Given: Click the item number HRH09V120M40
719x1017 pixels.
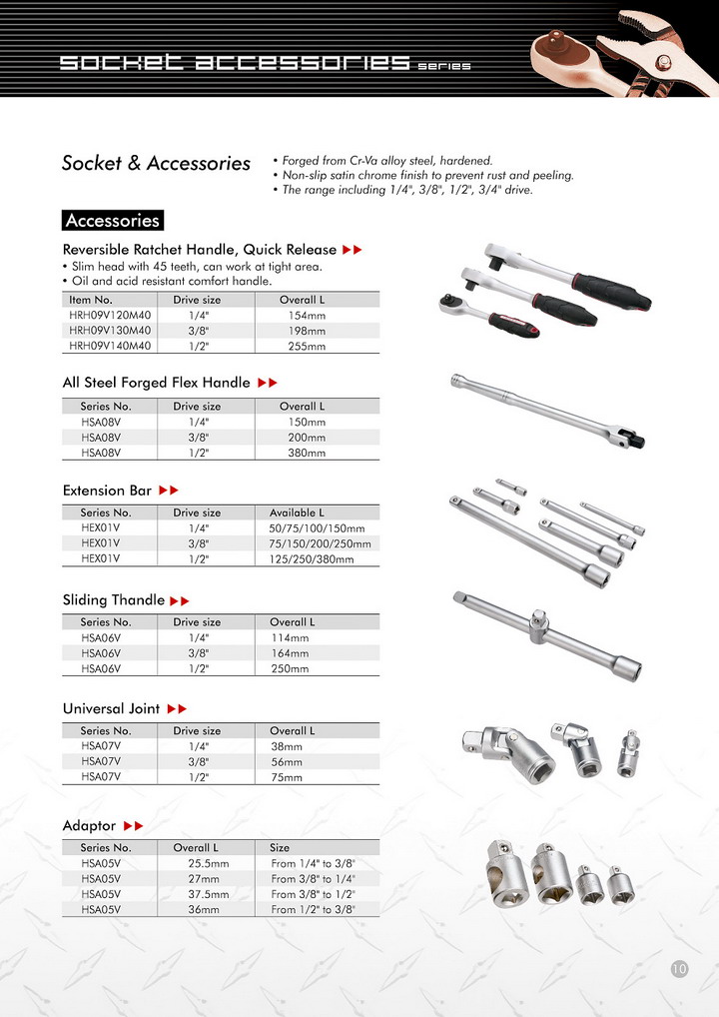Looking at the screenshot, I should tap(110, 315).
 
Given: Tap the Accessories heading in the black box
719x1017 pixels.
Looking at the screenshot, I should tap(112, 221).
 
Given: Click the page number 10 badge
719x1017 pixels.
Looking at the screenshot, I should tap(679, 968).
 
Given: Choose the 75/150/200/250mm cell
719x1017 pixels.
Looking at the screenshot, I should tap(320, 543).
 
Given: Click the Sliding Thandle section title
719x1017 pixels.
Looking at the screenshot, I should tap(113, 600).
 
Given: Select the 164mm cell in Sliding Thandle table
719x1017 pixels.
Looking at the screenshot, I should tap(290, 653).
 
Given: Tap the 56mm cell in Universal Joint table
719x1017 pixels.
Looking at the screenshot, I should tap(287, 761).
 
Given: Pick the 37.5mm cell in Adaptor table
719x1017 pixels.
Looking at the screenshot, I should tap(208, 894).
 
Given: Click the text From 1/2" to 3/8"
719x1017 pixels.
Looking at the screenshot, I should tap(313, 910).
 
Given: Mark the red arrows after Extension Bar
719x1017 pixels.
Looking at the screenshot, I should tap(168, 491).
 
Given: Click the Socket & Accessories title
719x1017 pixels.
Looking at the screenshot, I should tap(156, 163).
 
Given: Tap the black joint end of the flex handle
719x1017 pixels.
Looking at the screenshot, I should tap(631, 438).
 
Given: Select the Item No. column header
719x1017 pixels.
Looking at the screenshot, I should tap(90, 300).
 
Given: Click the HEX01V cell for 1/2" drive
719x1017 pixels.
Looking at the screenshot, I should tap(100, 559).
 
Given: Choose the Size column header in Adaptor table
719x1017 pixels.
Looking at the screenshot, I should tap(280, 847).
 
